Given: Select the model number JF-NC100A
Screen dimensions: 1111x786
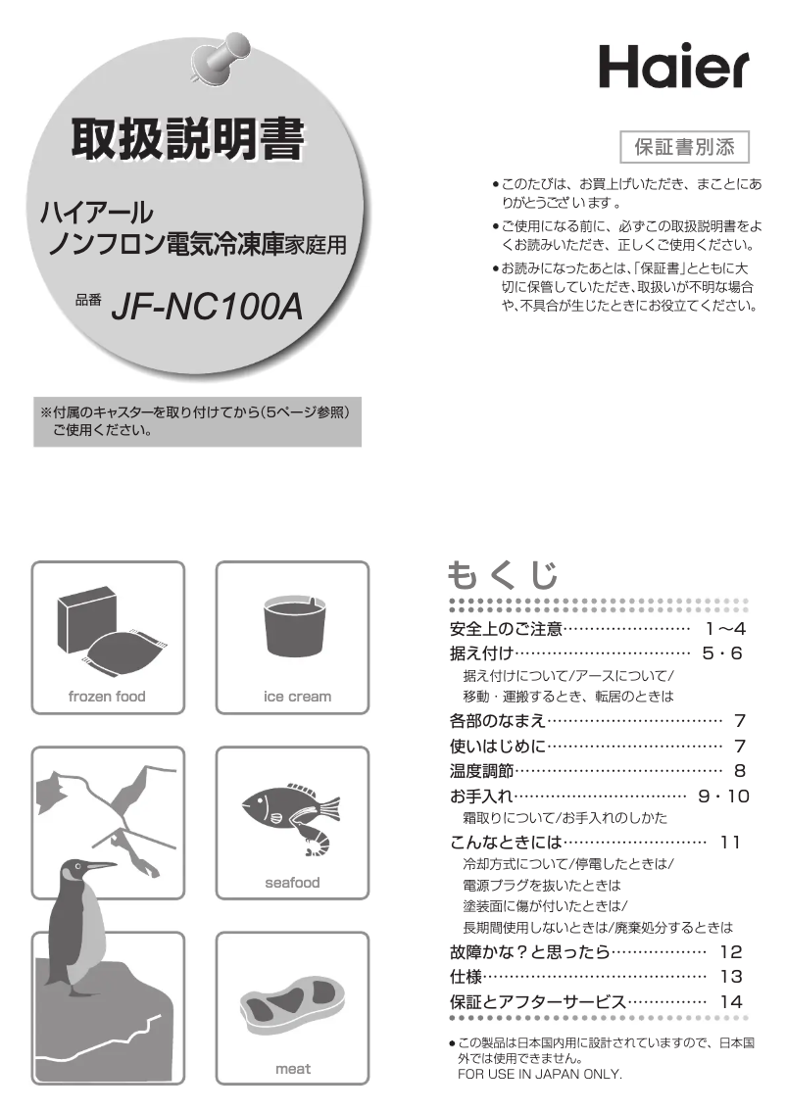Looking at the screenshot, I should pyautogui.click(x=207, y=308).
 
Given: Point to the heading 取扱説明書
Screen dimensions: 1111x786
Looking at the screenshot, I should pyautogui.click(x=186, y=142).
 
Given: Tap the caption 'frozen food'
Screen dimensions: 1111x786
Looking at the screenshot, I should pyautogui.click(x=107, y=697).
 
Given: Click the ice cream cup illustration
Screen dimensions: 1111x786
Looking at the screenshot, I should pyautogui.click(x=292, y=630).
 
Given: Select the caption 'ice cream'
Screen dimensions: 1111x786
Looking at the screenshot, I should pyautogui.click(x=292, y=697).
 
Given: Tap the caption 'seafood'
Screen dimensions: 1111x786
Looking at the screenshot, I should pyautogui.click(x=292, y=883).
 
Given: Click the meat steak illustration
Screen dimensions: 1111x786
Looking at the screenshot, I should pyautogui.click(x=291, y=1001).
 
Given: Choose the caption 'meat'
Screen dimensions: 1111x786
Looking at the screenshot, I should pyautogui.click(x=292, y=1069).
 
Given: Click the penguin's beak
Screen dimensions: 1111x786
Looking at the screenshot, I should pyautogui.click(x=100, y=866).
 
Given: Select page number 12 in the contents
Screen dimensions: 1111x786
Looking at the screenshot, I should pyautogui.click(x=731, y=951).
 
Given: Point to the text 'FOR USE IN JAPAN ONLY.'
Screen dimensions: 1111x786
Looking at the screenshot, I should pyautogui.click(x=540, y=1075).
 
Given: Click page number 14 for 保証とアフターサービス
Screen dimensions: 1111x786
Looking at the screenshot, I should pyautogui.click(x=731, y=1002).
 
